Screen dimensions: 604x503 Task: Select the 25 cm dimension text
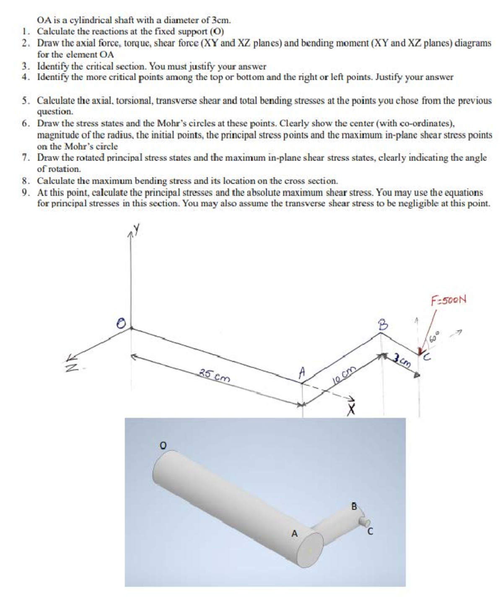click(214, 376)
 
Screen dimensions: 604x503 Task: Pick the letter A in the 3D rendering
click(294, 534)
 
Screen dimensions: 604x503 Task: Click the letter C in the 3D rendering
click(370, 533)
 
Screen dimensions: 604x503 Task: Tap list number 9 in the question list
click(26, 193)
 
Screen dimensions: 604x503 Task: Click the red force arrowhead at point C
click(420, 351)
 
